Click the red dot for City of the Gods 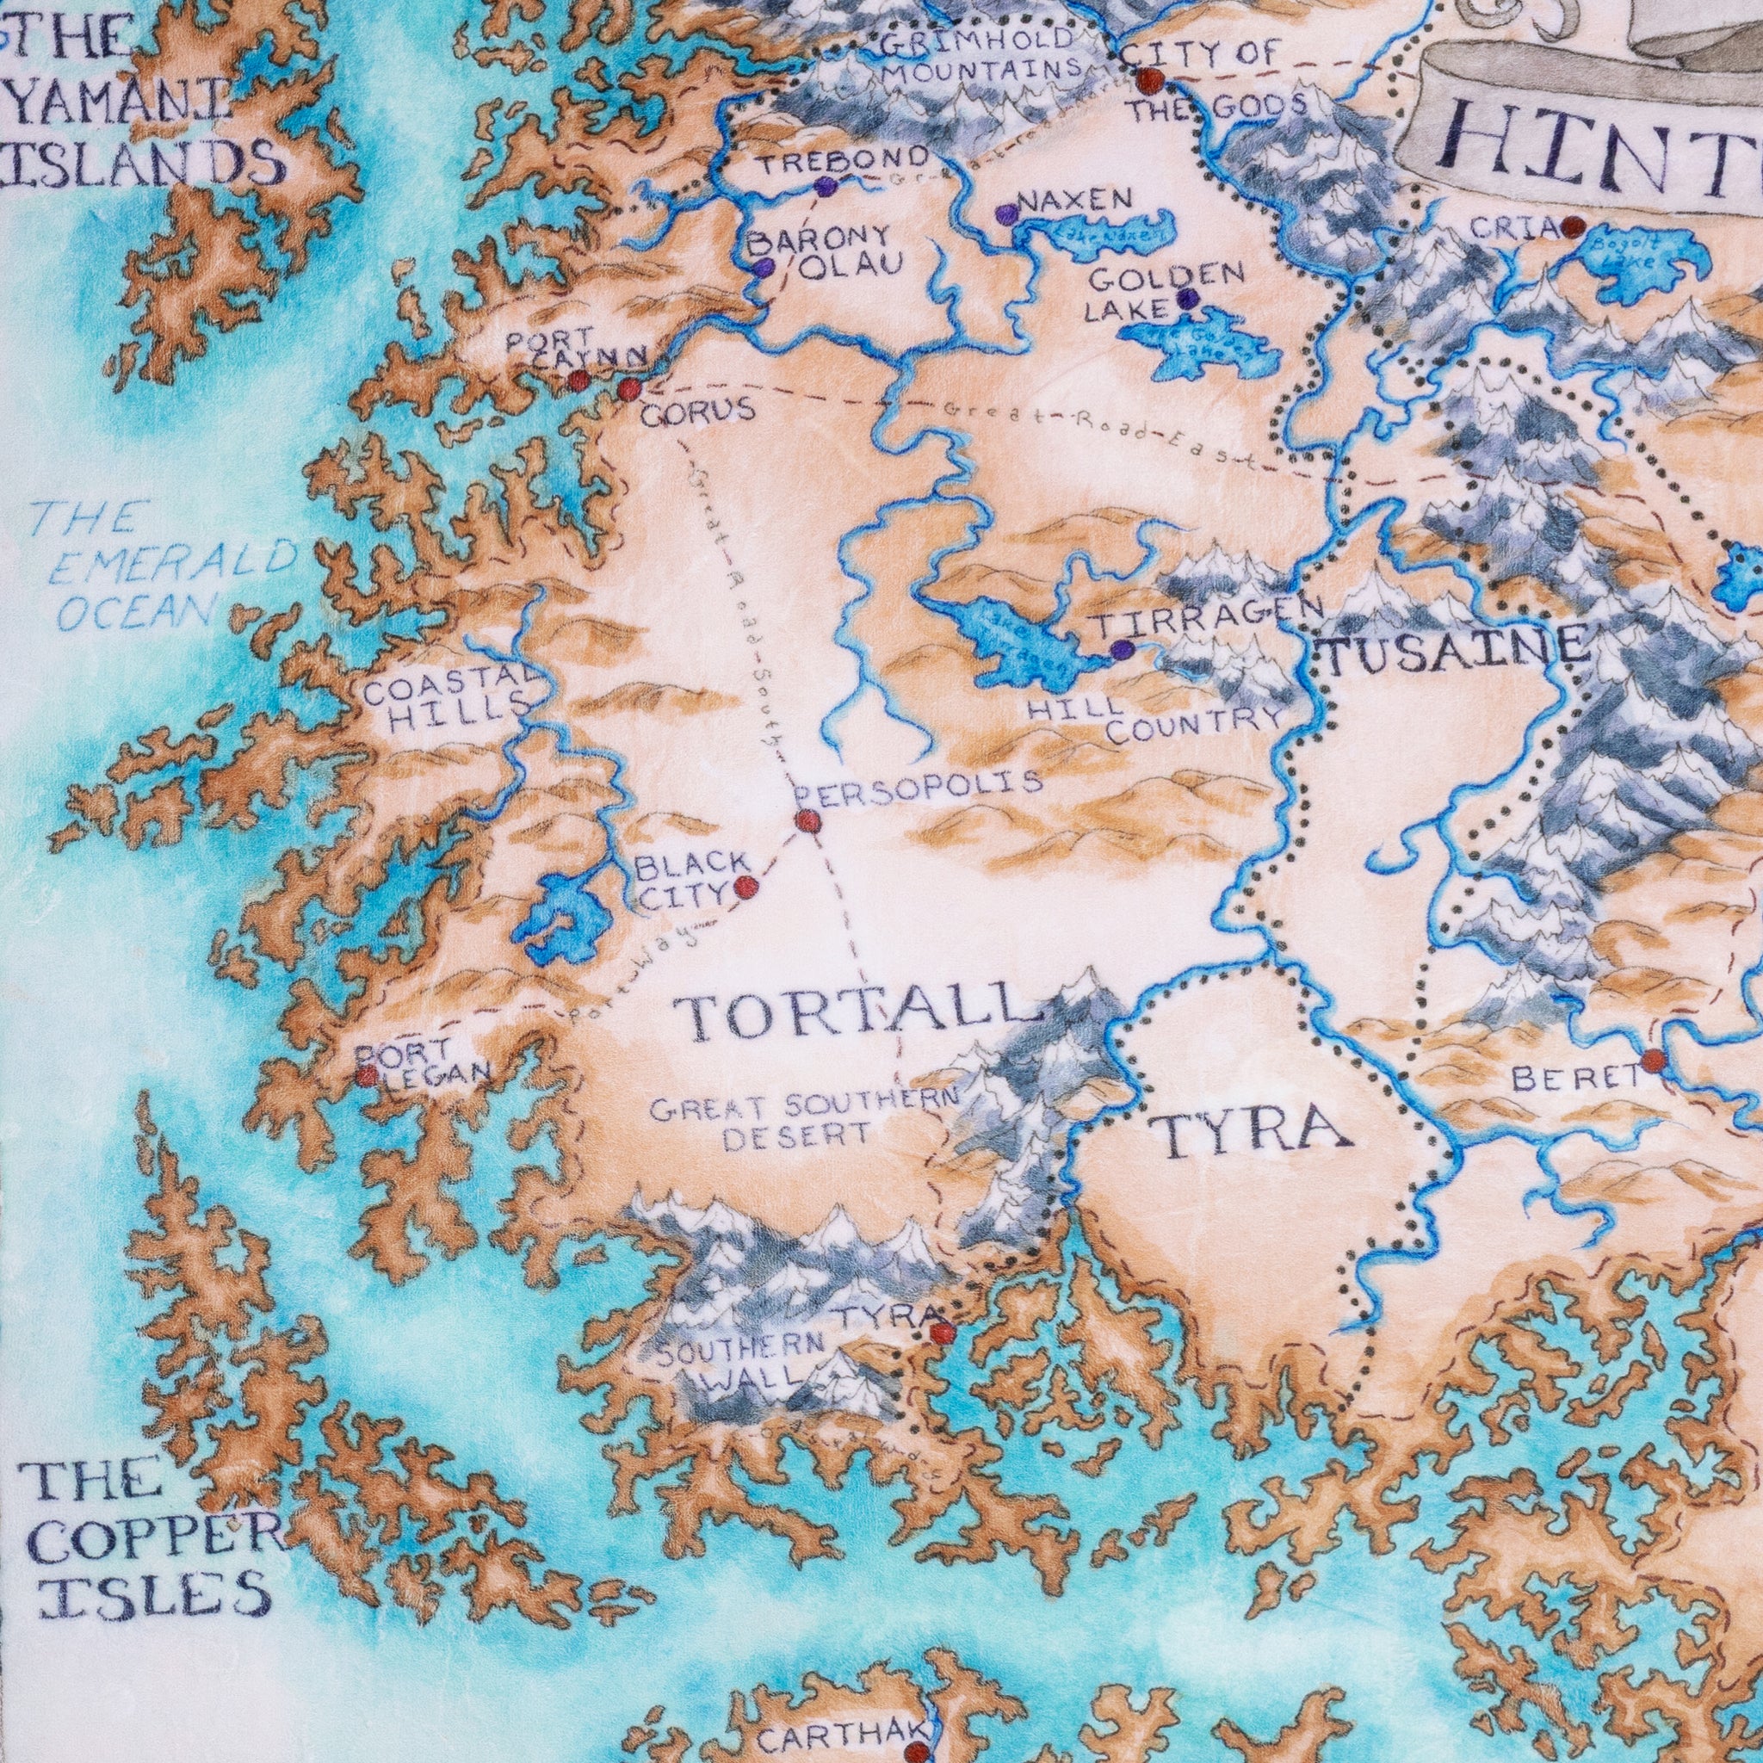click(1151, 81)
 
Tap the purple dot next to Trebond click(825, 188)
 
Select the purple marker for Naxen click(1006, 215)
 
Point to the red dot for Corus click(628, 391)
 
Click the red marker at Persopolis click(807, 822)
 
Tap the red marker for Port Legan click(367, 1077)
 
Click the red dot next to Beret click(1653, 1061)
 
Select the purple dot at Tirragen click(1123, 650)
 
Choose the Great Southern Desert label click(803, 1123)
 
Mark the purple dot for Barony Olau click(763, 268)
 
